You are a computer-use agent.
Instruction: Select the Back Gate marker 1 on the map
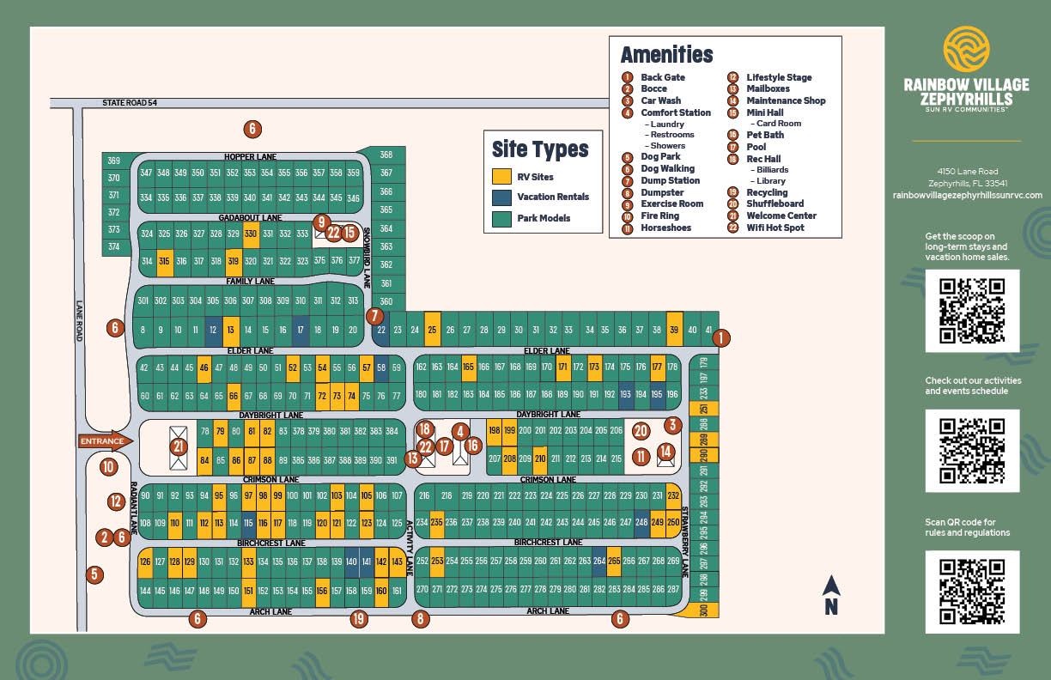pos(721,337)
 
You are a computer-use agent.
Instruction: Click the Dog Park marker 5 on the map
pos(94,574)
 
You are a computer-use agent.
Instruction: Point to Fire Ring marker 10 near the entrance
pos(107,467)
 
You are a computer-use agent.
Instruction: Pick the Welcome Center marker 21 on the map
pos(179,446)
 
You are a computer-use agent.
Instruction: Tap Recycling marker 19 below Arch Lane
pos(359,618)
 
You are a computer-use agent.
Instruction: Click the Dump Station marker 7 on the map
pos(375,316)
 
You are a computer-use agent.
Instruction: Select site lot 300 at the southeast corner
pos(703,610)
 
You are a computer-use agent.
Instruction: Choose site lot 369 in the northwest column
pos(114,161)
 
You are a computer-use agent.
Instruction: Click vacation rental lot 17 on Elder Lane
pos(301,330)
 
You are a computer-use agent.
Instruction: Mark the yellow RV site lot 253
pos(437,561)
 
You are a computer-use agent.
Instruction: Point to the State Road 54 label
pos(130,103)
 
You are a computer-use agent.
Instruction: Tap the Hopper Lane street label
pos(249,157)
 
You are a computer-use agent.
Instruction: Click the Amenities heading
pos(666,55)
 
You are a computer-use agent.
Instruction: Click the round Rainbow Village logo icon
pos(966,49)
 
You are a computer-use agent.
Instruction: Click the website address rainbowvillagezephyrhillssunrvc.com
pos(967,195)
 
